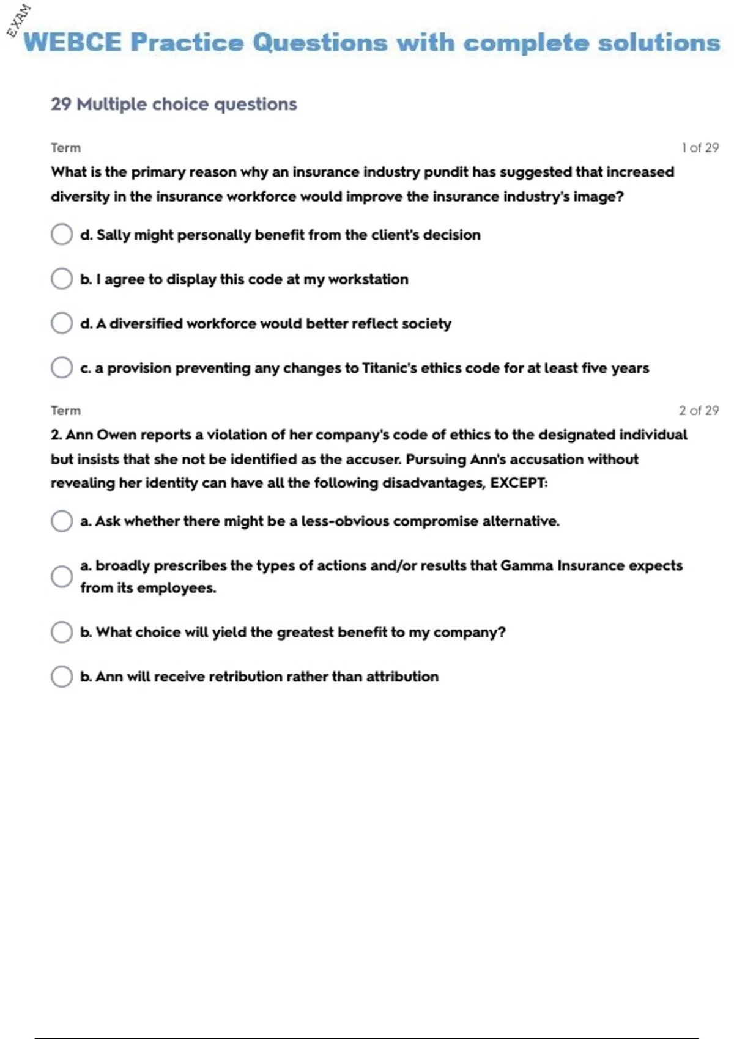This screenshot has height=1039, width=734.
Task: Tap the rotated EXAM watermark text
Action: pyautogui.click(x=18, y=20)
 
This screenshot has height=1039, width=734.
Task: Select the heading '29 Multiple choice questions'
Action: pyautogui.click(x=174, y=104)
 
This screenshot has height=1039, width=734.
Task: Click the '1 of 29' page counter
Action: pyautogui.click(x=700, y=148)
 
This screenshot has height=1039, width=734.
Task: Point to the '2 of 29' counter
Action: pyautogui.click(x=699, y=411)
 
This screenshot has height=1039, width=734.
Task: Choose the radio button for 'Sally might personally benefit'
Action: pyautogui.click(x=62, y=234)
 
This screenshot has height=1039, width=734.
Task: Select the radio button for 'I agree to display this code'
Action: pyautogui.click(x=62, y=279)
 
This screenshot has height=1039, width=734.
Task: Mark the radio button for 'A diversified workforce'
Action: pyautogui.click(x=62, y=323)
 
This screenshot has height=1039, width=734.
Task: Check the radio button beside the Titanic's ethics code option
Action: pyautogui.click(x=62, y=368)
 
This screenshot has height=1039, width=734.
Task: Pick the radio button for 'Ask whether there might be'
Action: pyautogui.click(x=62, y=521)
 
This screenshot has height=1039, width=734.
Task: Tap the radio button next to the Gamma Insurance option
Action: pyautogui.click(x=62, y=576)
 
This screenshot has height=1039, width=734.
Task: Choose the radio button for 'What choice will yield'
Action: pyautogui.click(x=62, y=632)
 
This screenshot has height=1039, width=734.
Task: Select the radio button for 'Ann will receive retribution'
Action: pyautogui.click(x=62, y=677)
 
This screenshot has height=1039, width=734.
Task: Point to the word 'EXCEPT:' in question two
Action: pyautogui.click(x=519, y=483)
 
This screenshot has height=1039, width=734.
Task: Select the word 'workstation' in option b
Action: pyautogui.click(x=368, y=279)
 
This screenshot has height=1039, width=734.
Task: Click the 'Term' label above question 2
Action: pyautogui.click(x=65, y=411)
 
